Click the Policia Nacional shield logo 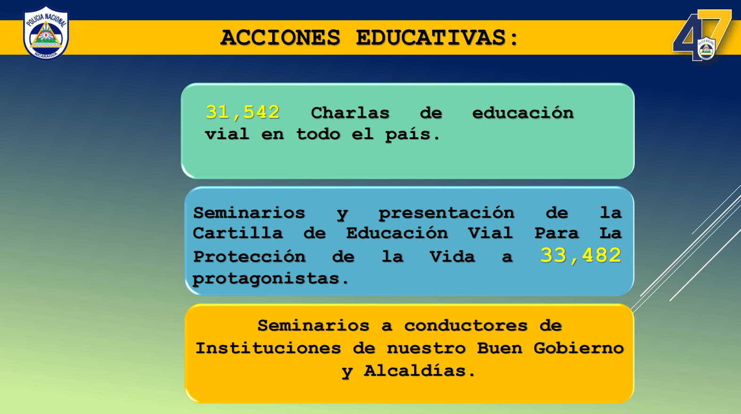[46, 33]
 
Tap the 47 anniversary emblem [702, 35]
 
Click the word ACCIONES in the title [280, 37]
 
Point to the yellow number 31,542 [242, 112]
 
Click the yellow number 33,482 [581, 255]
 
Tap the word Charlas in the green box [350, 113]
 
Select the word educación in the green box [523, 113]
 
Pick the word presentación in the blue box [446, 213]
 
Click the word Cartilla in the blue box [238, 233]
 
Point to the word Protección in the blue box [249, 257]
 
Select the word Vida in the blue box [452, 257]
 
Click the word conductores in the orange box [466, 326]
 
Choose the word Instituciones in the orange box [268, 348]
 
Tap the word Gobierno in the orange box [579, 348]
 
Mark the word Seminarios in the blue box [249, 213]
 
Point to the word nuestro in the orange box [426, 348]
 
